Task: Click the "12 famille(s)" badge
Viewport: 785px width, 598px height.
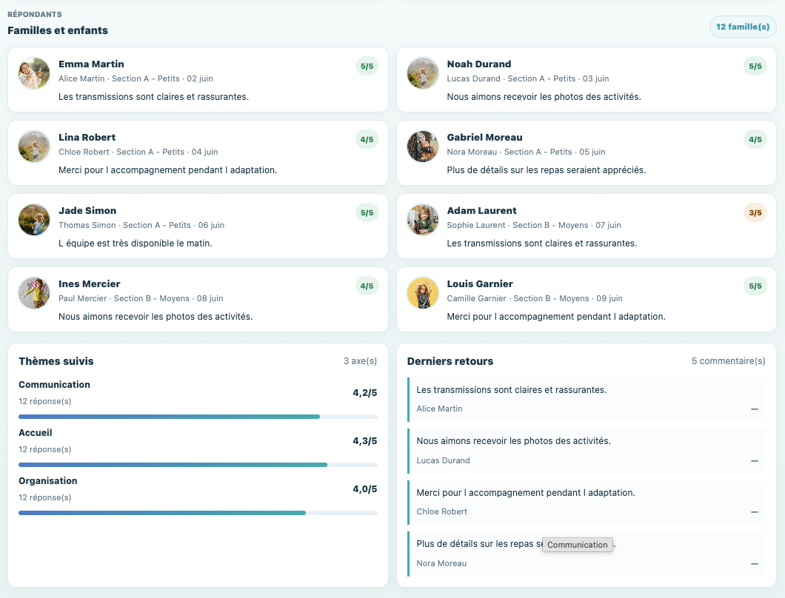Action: (x=743, y=27)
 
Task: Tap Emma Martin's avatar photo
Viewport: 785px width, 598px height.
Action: (x=34, y=73)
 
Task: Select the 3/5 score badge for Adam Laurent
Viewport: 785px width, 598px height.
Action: (x=755, y=212)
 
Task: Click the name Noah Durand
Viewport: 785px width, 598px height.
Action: (x=478, y=64)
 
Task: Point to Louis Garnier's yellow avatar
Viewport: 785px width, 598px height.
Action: (x=423, y=293)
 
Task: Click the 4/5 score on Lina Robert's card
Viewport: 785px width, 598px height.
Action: (x=367, y=140)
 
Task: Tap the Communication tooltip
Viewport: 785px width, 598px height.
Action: (x=577, y=545)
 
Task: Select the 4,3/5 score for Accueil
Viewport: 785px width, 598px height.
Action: (x=364, y=441)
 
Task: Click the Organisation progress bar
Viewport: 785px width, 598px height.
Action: (x=198, y=513)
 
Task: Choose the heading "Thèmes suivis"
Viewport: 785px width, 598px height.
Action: (x=56, y=361)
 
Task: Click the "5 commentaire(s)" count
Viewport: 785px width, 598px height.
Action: (x=729, y=361)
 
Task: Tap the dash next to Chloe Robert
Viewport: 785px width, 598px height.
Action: (x=755, y=512)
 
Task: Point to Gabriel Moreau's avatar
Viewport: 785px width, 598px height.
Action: (x=423, y=146)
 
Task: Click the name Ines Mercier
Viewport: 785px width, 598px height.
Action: (x=89, y=283)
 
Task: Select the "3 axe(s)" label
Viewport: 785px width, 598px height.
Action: (x=360, y=361)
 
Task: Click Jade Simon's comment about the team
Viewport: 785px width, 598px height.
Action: (x=136, y=243)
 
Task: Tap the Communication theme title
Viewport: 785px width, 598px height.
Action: (x=54, y=384)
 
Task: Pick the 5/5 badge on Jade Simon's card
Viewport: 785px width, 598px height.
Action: (x=367, y=212)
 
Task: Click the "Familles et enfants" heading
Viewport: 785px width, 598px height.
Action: (x=58, y=30)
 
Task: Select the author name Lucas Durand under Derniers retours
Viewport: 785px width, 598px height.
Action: (x=443, y=460)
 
